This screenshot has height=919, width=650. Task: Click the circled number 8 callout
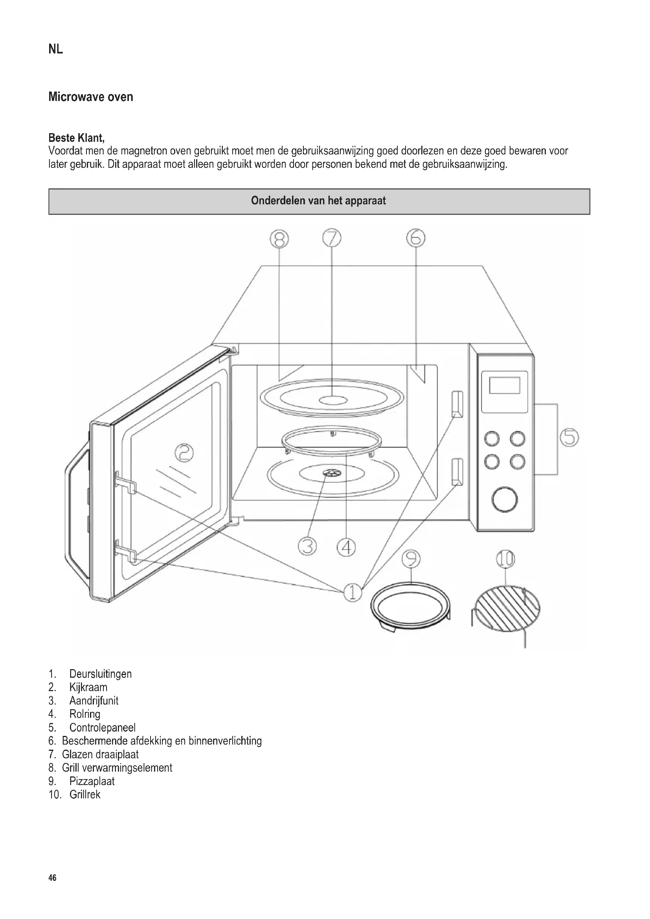[x=279, y=239]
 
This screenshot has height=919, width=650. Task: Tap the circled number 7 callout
[x=332, y=238]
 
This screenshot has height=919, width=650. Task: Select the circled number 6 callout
[x=416, y=238]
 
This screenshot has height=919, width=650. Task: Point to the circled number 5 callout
[x=569, y=437]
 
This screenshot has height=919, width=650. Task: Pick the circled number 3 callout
[x=307, y=547]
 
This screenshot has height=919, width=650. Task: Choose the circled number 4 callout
[x=346, y=547]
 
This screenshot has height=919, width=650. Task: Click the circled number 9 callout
[x=411, y=559]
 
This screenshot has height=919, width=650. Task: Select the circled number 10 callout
[x=505, y=559]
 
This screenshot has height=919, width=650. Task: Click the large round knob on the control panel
[x=505, y=499]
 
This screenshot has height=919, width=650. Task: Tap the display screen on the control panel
[x=504, y=385]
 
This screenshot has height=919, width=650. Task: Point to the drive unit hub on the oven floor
[x=331, y=473]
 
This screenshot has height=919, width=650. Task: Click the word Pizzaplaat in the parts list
[x=92, y=781]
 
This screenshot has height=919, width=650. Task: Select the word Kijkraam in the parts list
[x=88, y=687]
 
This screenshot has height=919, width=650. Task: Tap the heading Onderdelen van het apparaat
[x=319, y=201]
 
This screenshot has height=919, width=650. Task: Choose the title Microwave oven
[x=91, y=97]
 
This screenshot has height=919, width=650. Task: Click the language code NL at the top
[x=56, y=50]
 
